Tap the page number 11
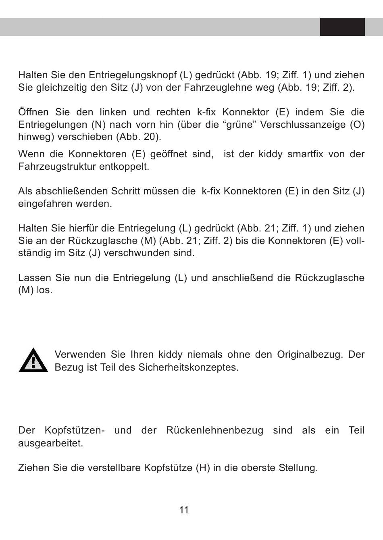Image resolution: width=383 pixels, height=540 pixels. [184, 510]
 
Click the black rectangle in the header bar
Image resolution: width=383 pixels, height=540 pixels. [342, 27]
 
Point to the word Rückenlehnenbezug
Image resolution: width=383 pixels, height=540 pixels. [214, 430]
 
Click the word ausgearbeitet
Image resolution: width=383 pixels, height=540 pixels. [50, 443]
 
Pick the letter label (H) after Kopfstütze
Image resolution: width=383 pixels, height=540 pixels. [203, 468]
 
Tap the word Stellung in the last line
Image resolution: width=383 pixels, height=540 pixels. [298, 468]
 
